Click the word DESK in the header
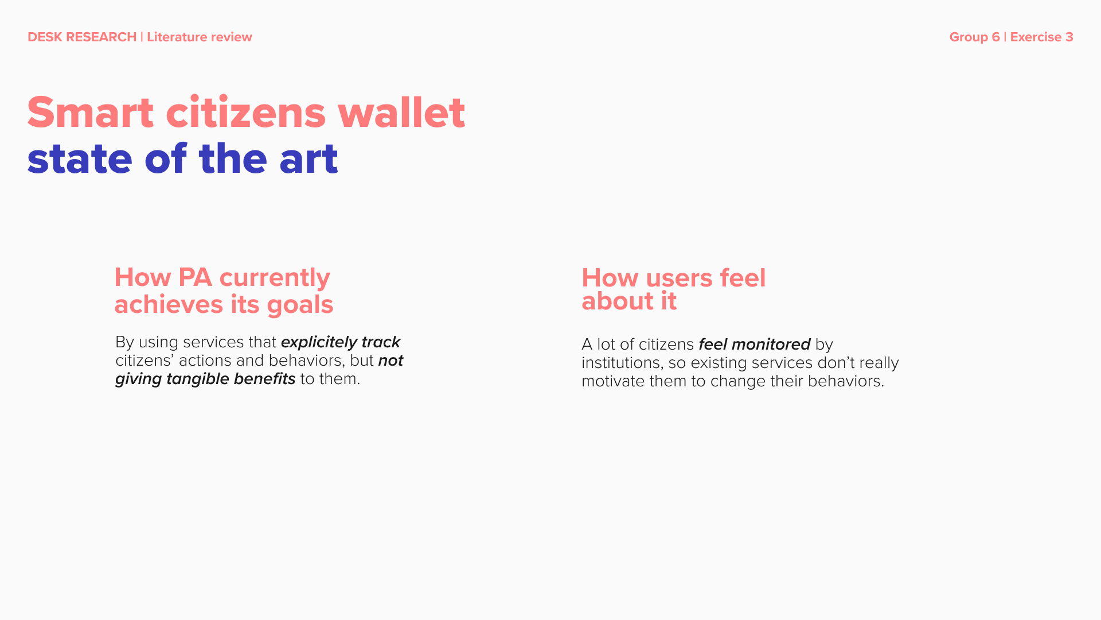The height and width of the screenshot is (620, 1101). click(x=45, y=37)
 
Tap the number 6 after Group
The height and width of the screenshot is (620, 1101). click(x=995, y=37)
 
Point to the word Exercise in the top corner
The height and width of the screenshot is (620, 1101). click(x=1036, y=37)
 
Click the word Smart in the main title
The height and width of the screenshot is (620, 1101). click(x=91, y=113)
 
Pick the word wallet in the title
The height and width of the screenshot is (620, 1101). click(x=401, y=112)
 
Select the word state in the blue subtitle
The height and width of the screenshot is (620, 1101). click(x=80, y=159)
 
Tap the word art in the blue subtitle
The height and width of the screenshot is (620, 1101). click(x=309, y=159)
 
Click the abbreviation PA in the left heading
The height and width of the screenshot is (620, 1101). click(x=195, y=278)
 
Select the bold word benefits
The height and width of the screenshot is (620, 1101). click(x=264, y=379)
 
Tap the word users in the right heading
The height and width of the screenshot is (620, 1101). click(x=680, y=279)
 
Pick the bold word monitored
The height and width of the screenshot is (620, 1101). click(x=771, y=344)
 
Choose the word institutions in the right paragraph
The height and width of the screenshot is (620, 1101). click(x=622, y=363)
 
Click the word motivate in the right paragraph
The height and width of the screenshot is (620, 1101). click(x=613, y=381)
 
